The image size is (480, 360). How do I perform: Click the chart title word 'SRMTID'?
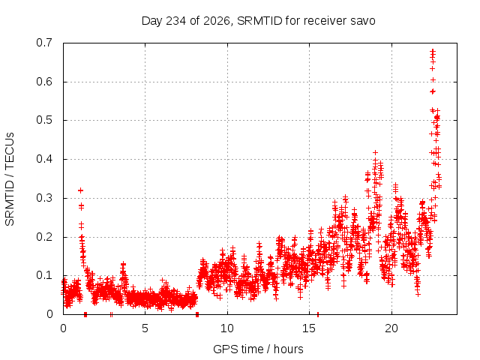259,21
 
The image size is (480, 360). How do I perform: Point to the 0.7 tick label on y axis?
44,43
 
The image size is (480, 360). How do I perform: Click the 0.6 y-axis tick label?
44,82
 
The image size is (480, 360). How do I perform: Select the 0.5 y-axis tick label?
44,120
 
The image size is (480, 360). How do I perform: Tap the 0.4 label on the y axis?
44,159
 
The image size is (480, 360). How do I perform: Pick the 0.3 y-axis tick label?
44,198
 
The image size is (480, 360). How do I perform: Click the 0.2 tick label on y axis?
44,237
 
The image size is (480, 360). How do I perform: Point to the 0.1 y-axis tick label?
44,275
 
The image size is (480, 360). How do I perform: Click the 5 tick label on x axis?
145,328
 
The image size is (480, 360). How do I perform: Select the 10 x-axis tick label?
226,328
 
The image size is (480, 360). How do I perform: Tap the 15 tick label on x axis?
309,328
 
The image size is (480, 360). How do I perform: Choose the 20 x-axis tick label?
391,328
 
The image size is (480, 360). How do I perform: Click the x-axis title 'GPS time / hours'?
258,349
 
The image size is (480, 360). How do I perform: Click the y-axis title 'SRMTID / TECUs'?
10,179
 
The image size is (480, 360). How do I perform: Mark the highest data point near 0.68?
433,51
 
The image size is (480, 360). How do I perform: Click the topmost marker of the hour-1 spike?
80,190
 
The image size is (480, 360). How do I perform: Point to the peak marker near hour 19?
375,152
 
